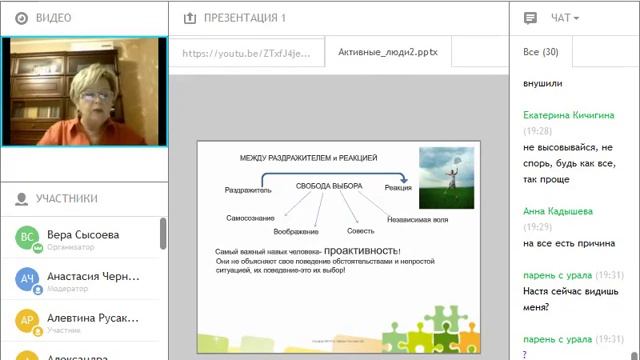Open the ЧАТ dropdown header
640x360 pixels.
point(564,18)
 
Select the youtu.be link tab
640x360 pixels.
point(246,53)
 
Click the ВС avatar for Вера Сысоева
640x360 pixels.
point(28,238)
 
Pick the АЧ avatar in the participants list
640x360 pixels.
point(28,280)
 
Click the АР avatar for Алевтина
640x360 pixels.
point(28,321)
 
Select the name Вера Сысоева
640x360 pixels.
point(83,234)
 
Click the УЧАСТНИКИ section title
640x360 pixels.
point(66,198)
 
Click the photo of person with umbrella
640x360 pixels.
point(446,177)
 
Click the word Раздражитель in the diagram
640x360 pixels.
point(248,189)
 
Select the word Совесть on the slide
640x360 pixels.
point(361,231)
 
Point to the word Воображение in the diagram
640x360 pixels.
point(296,231)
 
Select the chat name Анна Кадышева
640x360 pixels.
point(557,211)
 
